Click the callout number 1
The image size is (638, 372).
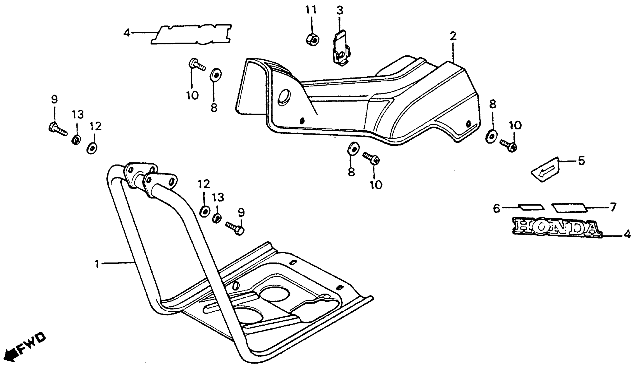tap(97, 265)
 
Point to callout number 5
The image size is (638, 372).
tap(581, 161)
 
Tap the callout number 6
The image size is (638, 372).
tap(496, 208)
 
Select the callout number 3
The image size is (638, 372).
tap(340, 11)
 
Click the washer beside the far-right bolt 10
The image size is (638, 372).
tap(491, 137)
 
